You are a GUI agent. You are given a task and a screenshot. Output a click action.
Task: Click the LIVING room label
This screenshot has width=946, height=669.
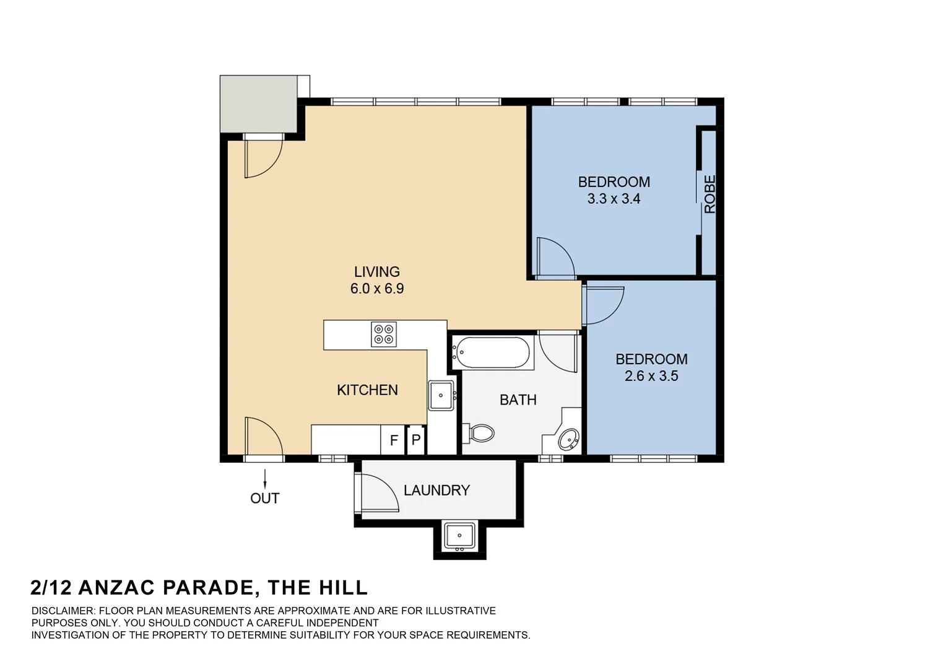(376, 271)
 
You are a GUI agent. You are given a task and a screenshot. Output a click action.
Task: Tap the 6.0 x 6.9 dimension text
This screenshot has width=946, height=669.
(376, 288)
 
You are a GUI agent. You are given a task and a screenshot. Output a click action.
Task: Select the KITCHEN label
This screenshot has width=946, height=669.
(367, 390)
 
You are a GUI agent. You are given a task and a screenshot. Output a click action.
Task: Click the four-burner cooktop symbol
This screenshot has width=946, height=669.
(383, 334)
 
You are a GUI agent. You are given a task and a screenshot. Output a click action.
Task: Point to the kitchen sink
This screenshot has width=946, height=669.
(441, 395)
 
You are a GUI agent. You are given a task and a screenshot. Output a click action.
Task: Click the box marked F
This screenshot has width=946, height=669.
(394, 440)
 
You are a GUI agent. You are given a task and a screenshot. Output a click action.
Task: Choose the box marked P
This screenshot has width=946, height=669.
(416, 440)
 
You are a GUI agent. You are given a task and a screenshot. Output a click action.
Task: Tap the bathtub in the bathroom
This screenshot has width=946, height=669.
(490, 352)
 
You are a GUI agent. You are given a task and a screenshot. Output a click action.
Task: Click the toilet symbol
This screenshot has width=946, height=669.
(479, 433)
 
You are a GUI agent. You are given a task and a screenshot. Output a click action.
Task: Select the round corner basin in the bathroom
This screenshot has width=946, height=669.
(569, 439)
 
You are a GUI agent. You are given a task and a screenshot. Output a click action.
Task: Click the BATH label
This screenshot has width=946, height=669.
(518, 400)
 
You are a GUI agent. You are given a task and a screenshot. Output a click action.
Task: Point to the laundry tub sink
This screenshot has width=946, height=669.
(459, 536)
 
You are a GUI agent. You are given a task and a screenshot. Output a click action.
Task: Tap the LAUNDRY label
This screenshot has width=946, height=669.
(436, 490)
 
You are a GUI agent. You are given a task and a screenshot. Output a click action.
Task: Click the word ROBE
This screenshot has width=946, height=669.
(710, 194)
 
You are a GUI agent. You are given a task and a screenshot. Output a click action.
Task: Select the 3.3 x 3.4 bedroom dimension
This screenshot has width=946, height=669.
(614, 199)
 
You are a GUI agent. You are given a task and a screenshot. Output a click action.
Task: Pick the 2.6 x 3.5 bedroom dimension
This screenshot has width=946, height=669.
(651, 376)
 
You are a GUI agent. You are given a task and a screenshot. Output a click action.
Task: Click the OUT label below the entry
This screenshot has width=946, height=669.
(265, 498)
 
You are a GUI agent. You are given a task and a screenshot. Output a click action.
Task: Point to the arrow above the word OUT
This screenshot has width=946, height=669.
(265, 479)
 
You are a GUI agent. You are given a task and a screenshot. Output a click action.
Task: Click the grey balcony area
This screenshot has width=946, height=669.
(259, 104)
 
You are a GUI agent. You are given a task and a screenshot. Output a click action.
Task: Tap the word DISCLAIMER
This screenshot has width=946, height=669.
(63, 611)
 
